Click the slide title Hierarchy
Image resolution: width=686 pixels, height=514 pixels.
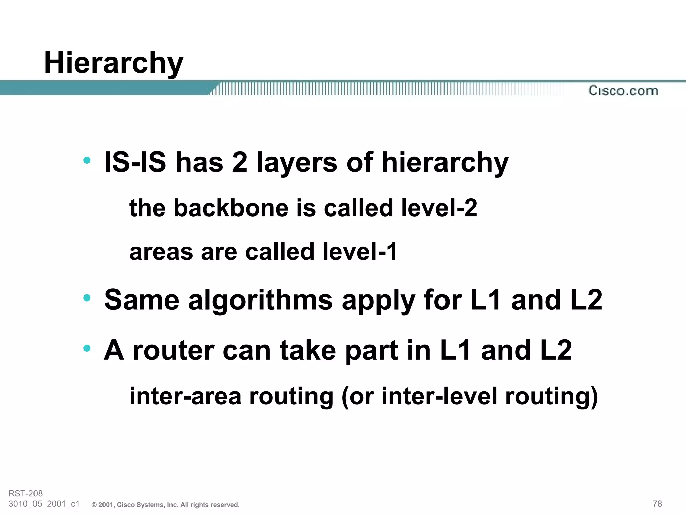[114, 63]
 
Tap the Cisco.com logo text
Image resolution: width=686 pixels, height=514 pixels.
[623, 91]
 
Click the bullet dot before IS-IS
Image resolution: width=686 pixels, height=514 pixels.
[87, 160]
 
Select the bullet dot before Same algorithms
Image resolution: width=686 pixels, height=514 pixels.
[87, 297]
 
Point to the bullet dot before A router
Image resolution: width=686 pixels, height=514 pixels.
[87, 348]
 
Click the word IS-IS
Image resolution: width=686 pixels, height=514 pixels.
[135, 162]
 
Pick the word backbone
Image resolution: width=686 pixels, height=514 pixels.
[231, 208]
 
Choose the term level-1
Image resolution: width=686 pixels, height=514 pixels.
[360, 252]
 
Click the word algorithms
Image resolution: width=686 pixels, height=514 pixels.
[260, 300]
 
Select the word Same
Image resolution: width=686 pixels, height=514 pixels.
[141, 300]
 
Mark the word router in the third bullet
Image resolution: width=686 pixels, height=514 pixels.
[173, 350]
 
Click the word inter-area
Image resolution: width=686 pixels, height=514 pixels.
[185, 396]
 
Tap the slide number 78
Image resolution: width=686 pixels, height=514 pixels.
[657, 504]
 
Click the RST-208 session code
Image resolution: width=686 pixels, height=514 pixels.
[25, 493]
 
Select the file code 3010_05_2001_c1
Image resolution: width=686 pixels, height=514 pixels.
[44, 504]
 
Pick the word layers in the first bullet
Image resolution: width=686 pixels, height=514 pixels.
[297, 163]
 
